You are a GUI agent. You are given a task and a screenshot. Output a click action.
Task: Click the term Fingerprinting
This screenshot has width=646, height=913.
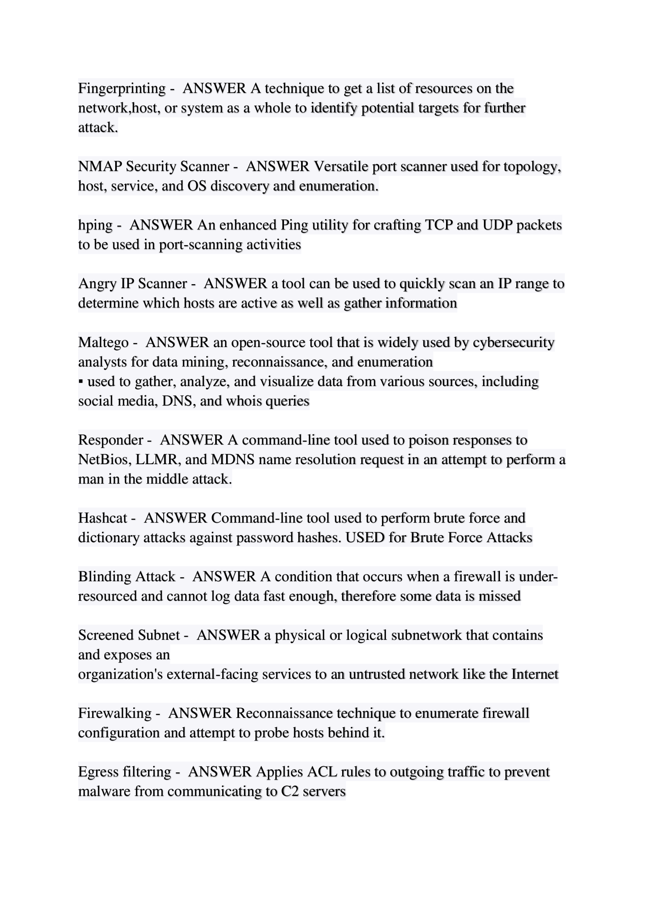121,88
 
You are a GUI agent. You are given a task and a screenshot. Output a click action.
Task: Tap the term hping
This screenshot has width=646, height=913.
95,226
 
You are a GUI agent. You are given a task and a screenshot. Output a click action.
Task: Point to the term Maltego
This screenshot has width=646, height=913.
103,342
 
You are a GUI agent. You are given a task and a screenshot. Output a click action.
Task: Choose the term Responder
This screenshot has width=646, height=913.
110,440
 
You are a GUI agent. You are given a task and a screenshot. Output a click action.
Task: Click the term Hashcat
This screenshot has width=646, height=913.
102,518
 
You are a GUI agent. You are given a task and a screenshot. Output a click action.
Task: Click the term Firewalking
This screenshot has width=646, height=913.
114,713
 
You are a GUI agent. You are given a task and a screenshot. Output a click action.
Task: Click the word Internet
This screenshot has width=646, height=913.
535,674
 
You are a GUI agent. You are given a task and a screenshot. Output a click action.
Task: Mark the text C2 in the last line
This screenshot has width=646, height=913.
289,791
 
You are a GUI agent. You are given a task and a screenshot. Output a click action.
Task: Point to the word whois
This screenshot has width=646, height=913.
243,401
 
